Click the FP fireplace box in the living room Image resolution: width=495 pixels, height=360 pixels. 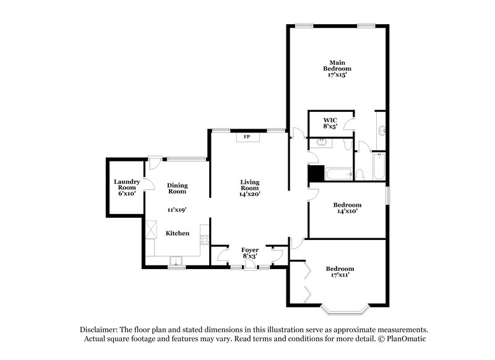(x=246, y=137)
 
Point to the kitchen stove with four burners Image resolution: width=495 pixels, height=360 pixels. (x=205, y=243)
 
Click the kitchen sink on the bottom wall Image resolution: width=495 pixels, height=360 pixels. (x=176, y=260)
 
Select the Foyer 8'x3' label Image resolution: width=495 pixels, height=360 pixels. (x=249, y=252)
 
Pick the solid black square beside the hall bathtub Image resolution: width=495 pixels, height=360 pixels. (x=316, y=173)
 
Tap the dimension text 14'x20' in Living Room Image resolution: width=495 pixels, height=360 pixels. (x=250, y=194)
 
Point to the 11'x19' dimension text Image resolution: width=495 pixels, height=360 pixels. (x=177, y=210)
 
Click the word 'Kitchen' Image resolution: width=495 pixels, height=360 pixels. (x=177, y=233)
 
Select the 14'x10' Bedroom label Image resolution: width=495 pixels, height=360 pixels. (x=347, y=208)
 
